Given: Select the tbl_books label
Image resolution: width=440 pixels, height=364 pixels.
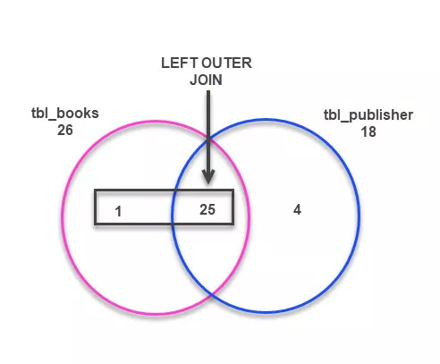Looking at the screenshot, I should [x=63, y=115].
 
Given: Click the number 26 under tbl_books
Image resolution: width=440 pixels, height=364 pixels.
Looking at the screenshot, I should [x=63, y=131].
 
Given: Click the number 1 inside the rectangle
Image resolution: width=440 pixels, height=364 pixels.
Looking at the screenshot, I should [x=118, y=212].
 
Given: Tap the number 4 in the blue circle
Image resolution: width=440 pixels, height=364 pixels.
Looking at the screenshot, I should [x=298, y=210].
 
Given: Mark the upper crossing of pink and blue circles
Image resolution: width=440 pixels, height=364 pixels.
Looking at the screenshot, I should [x=207, y=139].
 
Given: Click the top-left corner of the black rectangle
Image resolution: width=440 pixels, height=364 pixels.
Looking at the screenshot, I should [x=96, y=190].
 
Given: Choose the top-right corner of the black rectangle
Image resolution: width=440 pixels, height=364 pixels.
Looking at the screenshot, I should [x=233, y=190].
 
